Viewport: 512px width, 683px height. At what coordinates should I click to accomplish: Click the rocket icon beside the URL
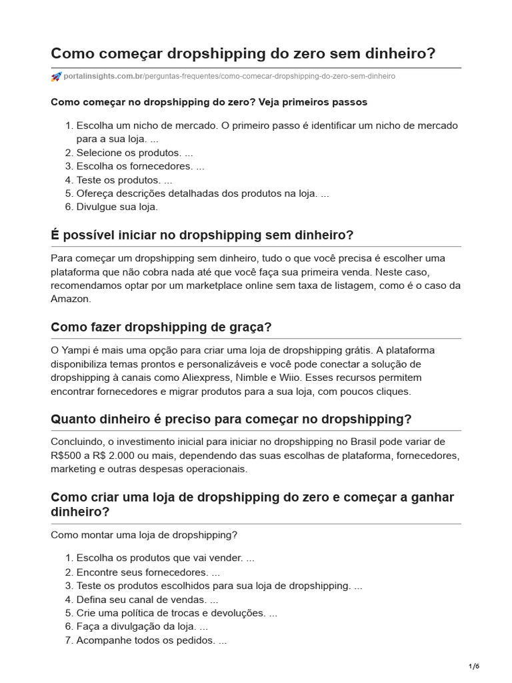click(x=56, y=77)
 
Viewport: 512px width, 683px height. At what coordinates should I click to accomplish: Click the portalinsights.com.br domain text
click(x=104, y=77)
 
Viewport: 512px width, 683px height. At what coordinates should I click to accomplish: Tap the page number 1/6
click(x=474, y=666)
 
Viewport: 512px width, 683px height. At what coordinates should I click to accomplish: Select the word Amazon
click(x=71, y=299)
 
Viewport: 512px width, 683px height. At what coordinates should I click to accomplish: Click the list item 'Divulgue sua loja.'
click(x=117, y=207)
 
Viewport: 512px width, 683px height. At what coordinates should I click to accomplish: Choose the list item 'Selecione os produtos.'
click(x=134, y=153)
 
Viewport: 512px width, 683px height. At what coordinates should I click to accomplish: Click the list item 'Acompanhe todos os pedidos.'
click(x=151, y=640)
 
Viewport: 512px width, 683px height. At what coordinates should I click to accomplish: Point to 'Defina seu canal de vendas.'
click(x=142, y=599)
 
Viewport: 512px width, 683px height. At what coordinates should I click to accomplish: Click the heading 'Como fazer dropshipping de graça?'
click(x=161, y=327)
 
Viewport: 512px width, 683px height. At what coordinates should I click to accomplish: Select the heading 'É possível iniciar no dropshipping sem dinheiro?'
click(x=202, y=235)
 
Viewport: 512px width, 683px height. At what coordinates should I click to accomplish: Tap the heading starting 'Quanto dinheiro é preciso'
click(x=231, y=420)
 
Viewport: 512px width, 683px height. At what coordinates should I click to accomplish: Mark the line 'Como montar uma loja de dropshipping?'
click(x=144, y=534)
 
